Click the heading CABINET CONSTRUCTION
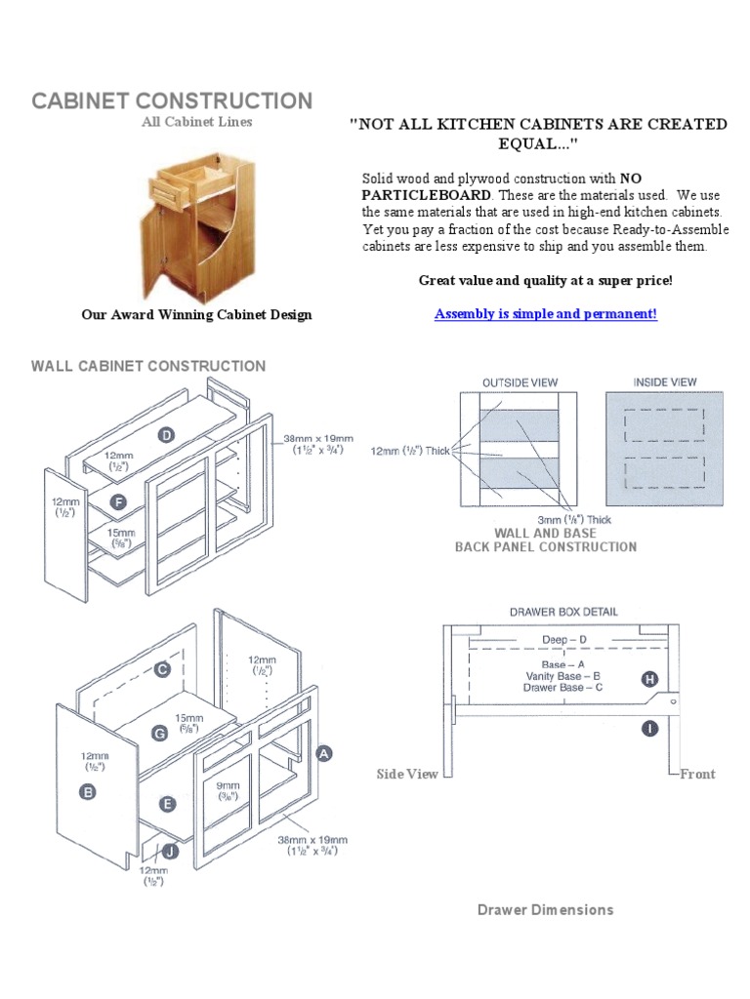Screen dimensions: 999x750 pyautogui.click(x=172, y=100)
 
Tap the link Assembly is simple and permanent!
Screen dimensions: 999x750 pyautogui.click(x=545, y=314)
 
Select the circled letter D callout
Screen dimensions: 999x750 pyautogui.click(x=167, y=436)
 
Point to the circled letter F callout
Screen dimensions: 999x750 pyautogui.click(x=118, y=502)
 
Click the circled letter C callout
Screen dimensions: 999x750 pyautogui.click(x=162, y=669)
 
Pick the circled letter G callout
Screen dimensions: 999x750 pyautogui.click(x=160, y=732)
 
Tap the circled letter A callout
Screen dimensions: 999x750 pyautogui.click(x=324, y=752)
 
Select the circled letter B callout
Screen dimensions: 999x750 pyautogui.click(x=88, y=793)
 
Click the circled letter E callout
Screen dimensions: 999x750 pyautogui.click(x=167, y=804)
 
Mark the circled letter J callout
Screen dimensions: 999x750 pyautogui.click(x=170, y=851)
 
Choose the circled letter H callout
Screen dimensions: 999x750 pyautogui.click(x=649, y=679)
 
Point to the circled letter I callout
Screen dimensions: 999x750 pyautogui.click(x=649, y=728)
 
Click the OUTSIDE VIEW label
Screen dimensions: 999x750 pyautogui.click(x=520, y=382)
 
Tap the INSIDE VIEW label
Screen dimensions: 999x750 pyautogui.click(x=665, y=382)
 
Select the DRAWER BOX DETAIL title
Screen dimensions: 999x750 pyautogui.click(x=563, y=612)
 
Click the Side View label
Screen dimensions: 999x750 pyautogui.click(x=407, y=774)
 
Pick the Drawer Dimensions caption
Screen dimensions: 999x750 pyautogui.click(x=545, y=909)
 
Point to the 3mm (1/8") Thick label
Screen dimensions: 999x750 pyautogui.click(x=572, y=520)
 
